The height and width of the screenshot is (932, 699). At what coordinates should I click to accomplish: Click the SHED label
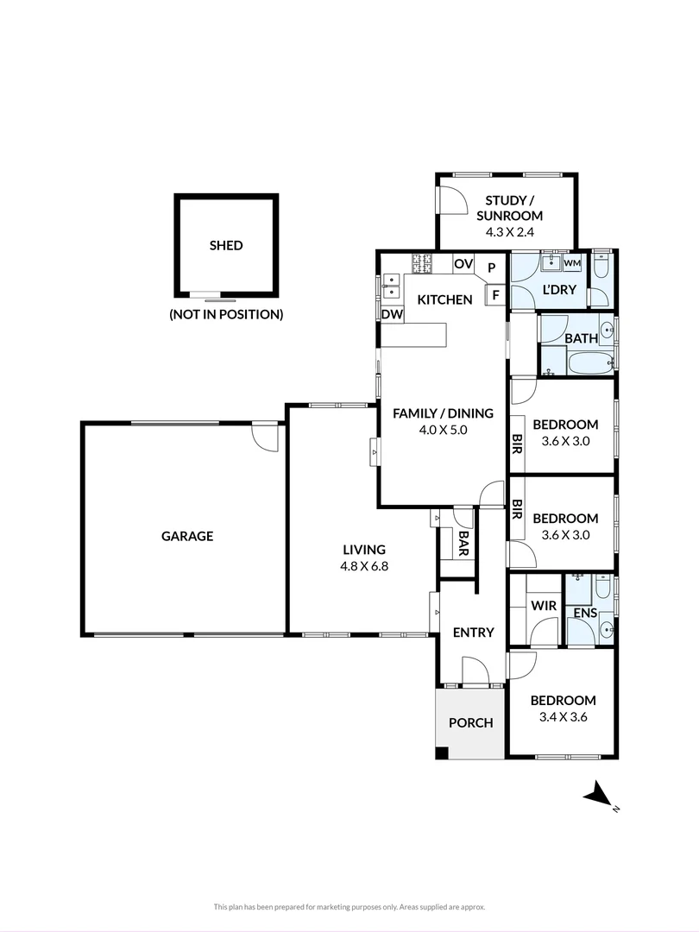[x=226, y=245]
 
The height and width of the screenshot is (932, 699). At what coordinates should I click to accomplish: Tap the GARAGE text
[x=187, y=536]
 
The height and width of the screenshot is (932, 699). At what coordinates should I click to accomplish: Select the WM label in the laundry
[x=572, y=262]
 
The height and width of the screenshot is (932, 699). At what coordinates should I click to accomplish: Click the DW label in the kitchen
[x=392, y=315]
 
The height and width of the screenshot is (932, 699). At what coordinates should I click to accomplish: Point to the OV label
[x=463, y=264]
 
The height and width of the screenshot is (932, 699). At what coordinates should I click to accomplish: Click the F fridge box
[x=495, y=295]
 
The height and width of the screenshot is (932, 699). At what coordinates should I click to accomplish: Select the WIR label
[x=543, y=606]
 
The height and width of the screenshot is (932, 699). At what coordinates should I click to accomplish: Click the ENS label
[x=585, y=614]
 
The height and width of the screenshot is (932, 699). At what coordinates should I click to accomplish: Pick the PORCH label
[x=471, y=722]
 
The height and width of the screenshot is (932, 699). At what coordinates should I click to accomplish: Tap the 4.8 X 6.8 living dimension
[x=363, y=566]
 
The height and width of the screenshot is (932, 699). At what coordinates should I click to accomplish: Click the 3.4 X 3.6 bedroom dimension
[x=563, y=716]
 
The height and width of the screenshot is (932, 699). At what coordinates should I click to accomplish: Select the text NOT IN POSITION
[x=226, y=314]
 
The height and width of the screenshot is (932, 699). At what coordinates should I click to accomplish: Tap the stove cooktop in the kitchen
[x=422, y=263]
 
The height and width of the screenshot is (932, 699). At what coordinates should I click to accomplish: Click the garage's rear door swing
[x=265, y=436]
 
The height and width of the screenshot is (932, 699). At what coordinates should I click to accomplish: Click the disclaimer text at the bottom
[x=349, y=907]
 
